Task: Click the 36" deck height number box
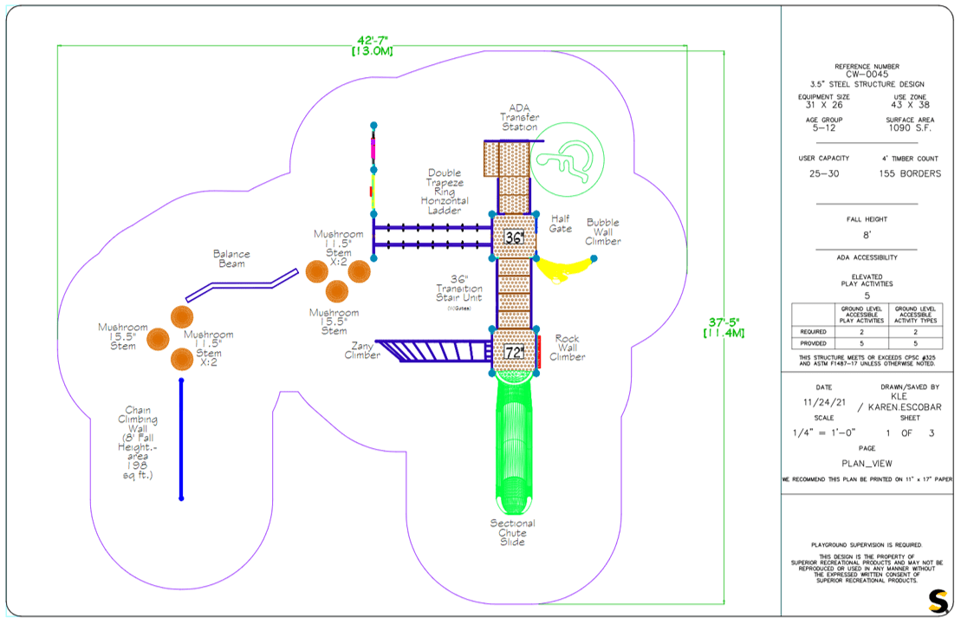(x=514, y=237)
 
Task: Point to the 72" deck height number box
(x=514, y=353)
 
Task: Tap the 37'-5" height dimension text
(x=724, y=326)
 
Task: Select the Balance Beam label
(x=231, y=258)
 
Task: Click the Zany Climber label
(x=362, y=350)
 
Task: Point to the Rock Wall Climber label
(x=568, y=348)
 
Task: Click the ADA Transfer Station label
(x=519, y=118)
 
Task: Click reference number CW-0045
(x=867, y=75)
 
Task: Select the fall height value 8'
(x=867, y=234)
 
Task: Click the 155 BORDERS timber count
(x=909, y=173)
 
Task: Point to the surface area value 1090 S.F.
(x=909, y=127)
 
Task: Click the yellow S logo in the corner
(x=938, y=599)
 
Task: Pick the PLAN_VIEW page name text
(x=867, y=463)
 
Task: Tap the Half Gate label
(x=561, y=224)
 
